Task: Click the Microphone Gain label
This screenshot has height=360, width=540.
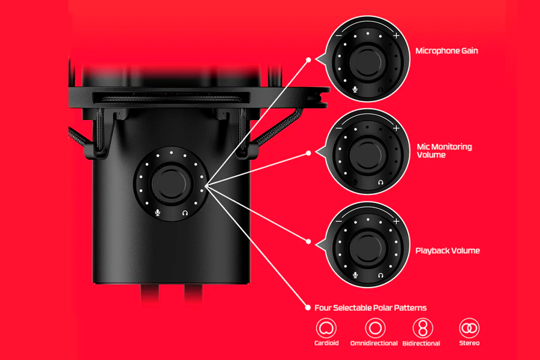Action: tap(446, 51)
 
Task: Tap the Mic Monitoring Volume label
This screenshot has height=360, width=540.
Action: tap(444, 151)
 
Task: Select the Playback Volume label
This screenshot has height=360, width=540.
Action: tap(448, 250)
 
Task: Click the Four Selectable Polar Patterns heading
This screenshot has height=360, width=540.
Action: tap(371, 308)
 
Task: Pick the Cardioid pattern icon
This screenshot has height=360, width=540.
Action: tap(326, 328)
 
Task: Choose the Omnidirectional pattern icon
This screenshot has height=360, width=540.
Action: tap(375, 328)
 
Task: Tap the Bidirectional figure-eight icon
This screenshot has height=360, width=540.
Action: tap(423, 328)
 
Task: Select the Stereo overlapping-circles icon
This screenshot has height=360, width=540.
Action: tap(469, 328)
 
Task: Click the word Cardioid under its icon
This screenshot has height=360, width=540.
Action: tap(326, 343)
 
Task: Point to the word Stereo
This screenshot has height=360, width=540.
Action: tap(469, 343)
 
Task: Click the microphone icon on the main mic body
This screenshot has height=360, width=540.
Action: tap(158, 212)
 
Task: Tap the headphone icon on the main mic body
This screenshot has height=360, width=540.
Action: tap(185, 213)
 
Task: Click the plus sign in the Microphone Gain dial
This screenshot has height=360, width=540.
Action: tap(397, 35)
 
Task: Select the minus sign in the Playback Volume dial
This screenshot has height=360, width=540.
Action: tap(338, 221)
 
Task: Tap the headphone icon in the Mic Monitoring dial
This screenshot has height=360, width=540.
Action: tap(380, 182)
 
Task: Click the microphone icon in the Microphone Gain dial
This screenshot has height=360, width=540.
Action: tap(355, 89)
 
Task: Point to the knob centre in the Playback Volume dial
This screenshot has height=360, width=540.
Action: tap(368, 247)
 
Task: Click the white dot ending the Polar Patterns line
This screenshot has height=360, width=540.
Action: tap(308, 308)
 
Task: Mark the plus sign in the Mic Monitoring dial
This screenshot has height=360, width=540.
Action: tap(397, 128)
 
